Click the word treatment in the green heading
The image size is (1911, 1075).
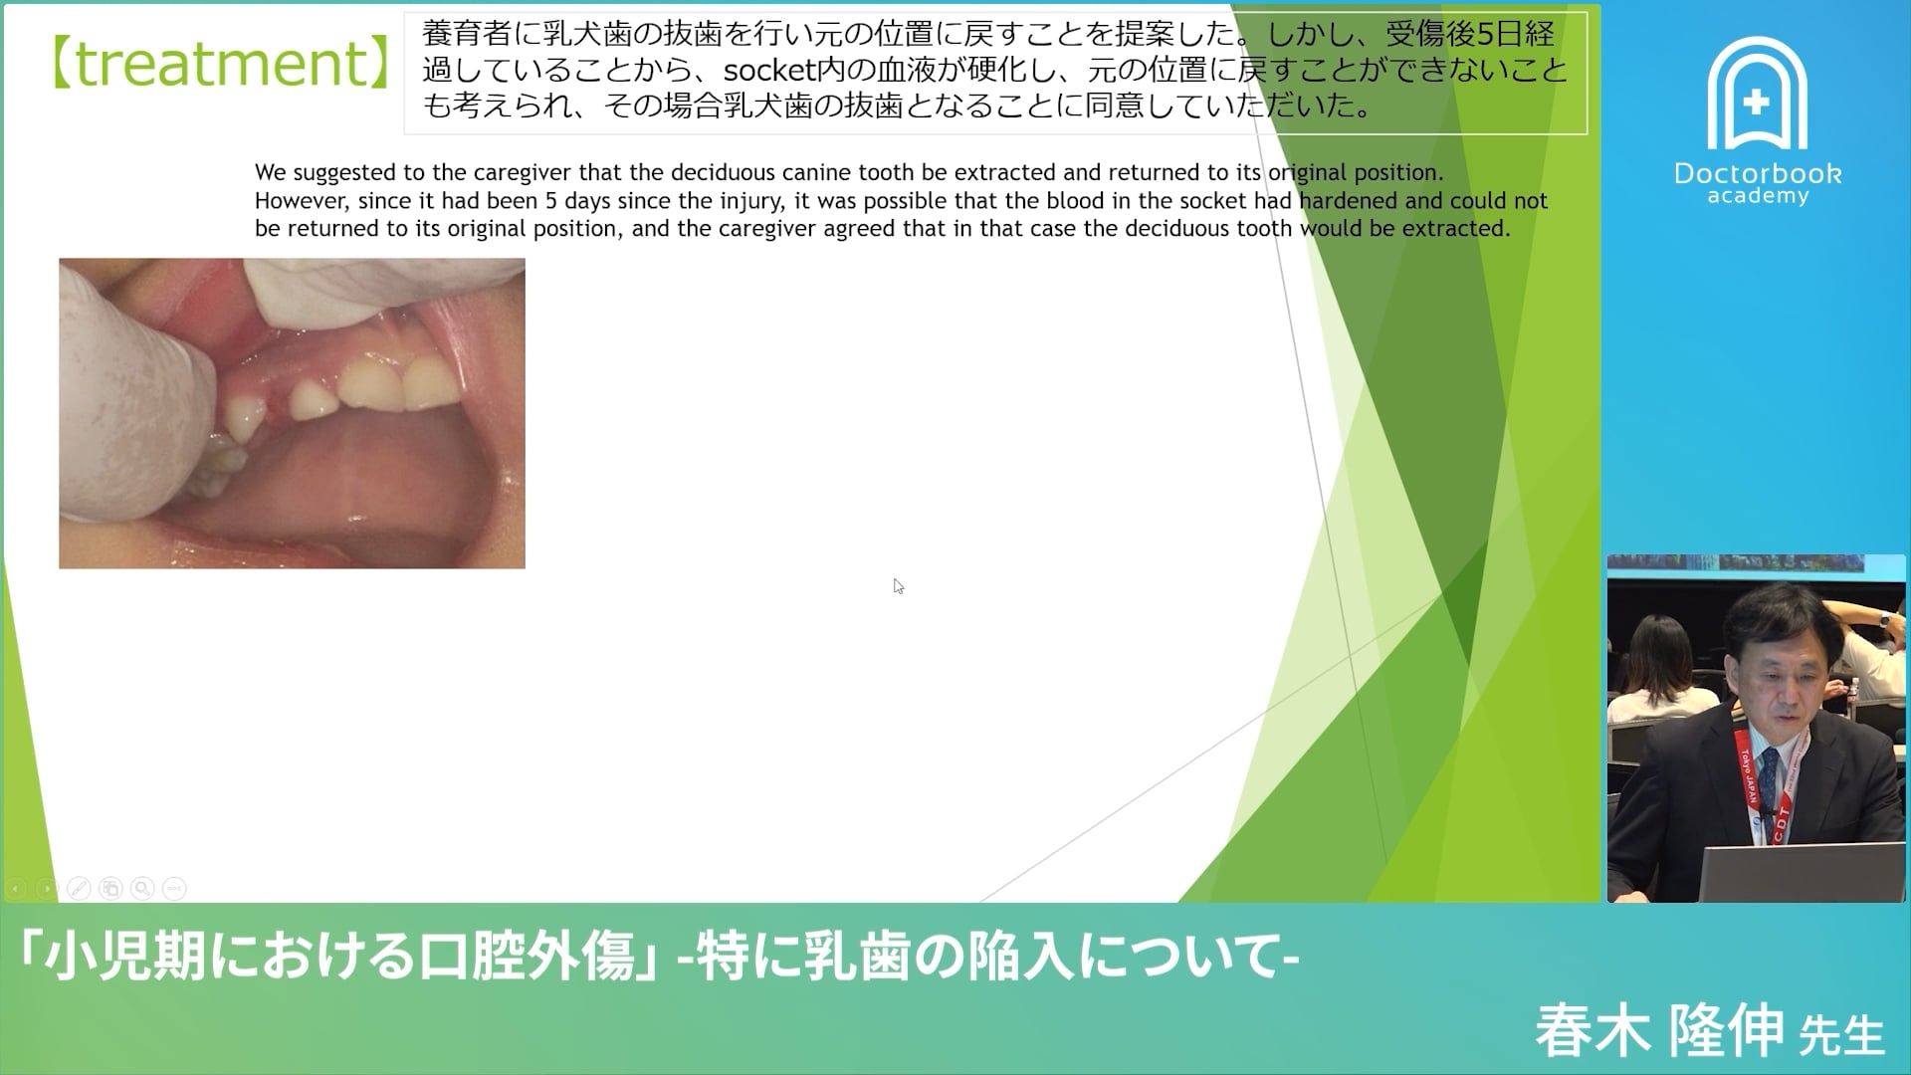(221, 64)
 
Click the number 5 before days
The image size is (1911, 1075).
(550, 201)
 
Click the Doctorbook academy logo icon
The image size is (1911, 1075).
(1757, 95)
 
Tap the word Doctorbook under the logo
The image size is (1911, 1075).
(1758, 173)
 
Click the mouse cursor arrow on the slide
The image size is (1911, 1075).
(898, 586)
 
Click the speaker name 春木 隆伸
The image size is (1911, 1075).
(1658, 1030)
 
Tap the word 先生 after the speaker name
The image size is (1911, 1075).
(1841, 1035)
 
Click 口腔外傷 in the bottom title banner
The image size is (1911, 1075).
(527, 958)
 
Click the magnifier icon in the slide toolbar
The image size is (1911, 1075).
(142, 888)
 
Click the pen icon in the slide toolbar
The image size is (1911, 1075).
(79, 888)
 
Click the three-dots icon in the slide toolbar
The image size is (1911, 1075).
(174, 888)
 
